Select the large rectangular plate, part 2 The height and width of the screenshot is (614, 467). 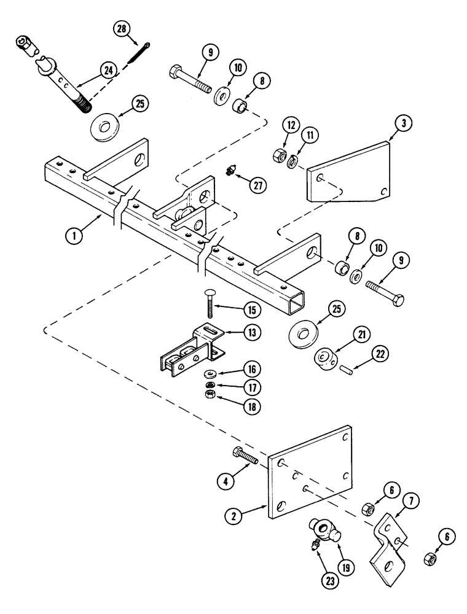coord(310,473)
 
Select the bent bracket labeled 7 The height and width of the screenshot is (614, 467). coord(388,544)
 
